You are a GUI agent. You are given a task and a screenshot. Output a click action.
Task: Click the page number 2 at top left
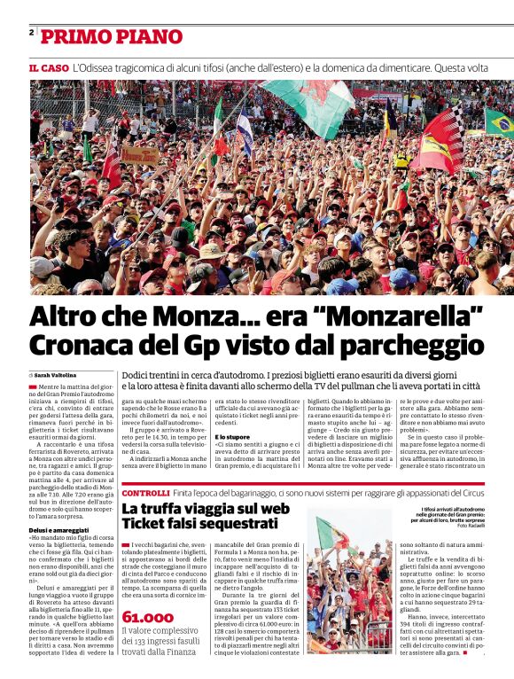[31, 33]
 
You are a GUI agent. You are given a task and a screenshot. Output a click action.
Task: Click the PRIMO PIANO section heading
[99, 37]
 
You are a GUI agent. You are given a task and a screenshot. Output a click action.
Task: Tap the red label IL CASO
[49, 68]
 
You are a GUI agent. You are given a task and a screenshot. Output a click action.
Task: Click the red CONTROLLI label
[145, 493]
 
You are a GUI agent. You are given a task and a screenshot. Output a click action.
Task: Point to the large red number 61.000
[148, 617]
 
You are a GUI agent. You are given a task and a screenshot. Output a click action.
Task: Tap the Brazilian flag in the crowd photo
[498, 122]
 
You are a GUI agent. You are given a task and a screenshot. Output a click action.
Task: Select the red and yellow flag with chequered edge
[440, 142]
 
